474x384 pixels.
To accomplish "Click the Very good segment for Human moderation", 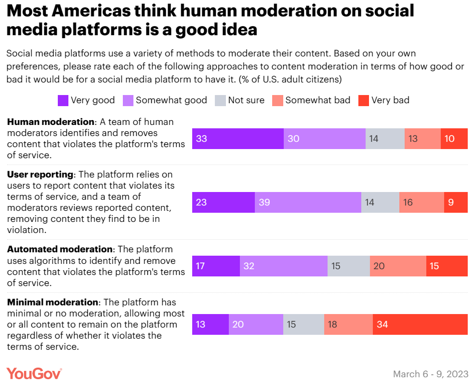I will pyautogui.click(x=237, y=138).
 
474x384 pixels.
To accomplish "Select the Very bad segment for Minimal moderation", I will pyautogui.click(x=420, y=324).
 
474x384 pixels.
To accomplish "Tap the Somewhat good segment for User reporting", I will pyautogui.click(x=308, y=202).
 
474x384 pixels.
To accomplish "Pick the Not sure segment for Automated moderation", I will pyautogui.click(x=348, y=266).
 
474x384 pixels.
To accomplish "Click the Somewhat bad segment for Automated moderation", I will pyautogui.click(x=398, y=266).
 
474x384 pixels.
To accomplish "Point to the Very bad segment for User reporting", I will pyautogui.click(x=456, y=202).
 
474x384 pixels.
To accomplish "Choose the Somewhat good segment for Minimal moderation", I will pyautogui.click(x=256, y=324).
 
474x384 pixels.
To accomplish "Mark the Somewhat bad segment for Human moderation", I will pyautogui.click(x=422, y=138).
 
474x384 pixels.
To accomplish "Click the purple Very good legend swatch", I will pyautogui.click(x=63, y=100).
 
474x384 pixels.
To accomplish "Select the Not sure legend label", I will pyautogui.click(x=246, y=100).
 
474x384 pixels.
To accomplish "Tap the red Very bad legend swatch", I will pyautogui.click(x=364, y=100).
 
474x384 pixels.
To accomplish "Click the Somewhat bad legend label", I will pyautogui.click(x=317, y=100).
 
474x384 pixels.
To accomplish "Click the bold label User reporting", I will pyautogui.click(x=40, y=174).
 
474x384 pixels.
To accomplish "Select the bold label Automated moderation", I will pyautogui.click(x=59, y=249).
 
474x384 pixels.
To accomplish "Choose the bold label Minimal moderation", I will pyautogui.click(x=53, y=302).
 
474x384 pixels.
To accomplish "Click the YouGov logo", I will pyautogui.click(x=34, y=373).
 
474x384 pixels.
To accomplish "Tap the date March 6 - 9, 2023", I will pyautogui.click(x=431, y=374).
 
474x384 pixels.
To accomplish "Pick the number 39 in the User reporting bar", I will pyautogui.click(x=264, y=202).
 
